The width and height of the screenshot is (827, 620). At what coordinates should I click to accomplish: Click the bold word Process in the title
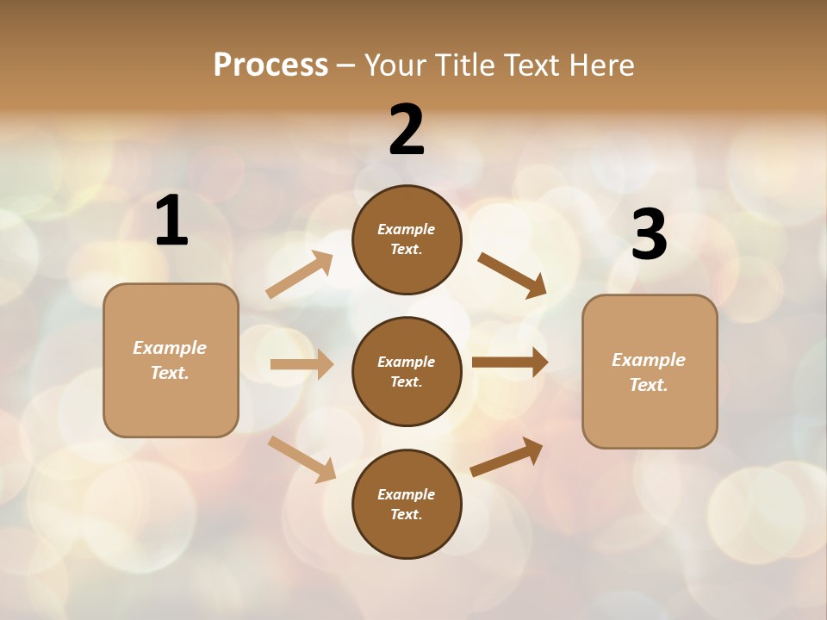coord(270,65)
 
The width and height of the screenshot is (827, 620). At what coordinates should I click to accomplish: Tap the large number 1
coord(171,221)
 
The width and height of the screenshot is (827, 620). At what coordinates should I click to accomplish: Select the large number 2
coord(407,130)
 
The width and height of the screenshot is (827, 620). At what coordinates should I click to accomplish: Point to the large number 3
coord(649,235)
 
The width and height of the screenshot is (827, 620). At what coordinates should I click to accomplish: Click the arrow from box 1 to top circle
coord(300,275)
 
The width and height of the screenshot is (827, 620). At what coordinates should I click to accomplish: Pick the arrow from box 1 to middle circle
coord(302,364)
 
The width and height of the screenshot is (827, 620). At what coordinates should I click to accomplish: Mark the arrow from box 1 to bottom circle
coord(302,459)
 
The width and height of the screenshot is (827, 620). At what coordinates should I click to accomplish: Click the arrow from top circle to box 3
coord(513,275)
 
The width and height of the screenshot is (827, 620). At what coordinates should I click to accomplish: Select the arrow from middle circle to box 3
coord(510,363)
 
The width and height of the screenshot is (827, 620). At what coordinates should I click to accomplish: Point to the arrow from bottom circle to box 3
coord(507,456)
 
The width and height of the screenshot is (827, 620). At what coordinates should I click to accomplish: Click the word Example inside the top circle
coord(407,229)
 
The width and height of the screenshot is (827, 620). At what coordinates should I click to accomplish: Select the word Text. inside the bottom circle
coord(407,514)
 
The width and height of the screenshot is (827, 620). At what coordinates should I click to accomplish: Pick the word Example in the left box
coord(170,347)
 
